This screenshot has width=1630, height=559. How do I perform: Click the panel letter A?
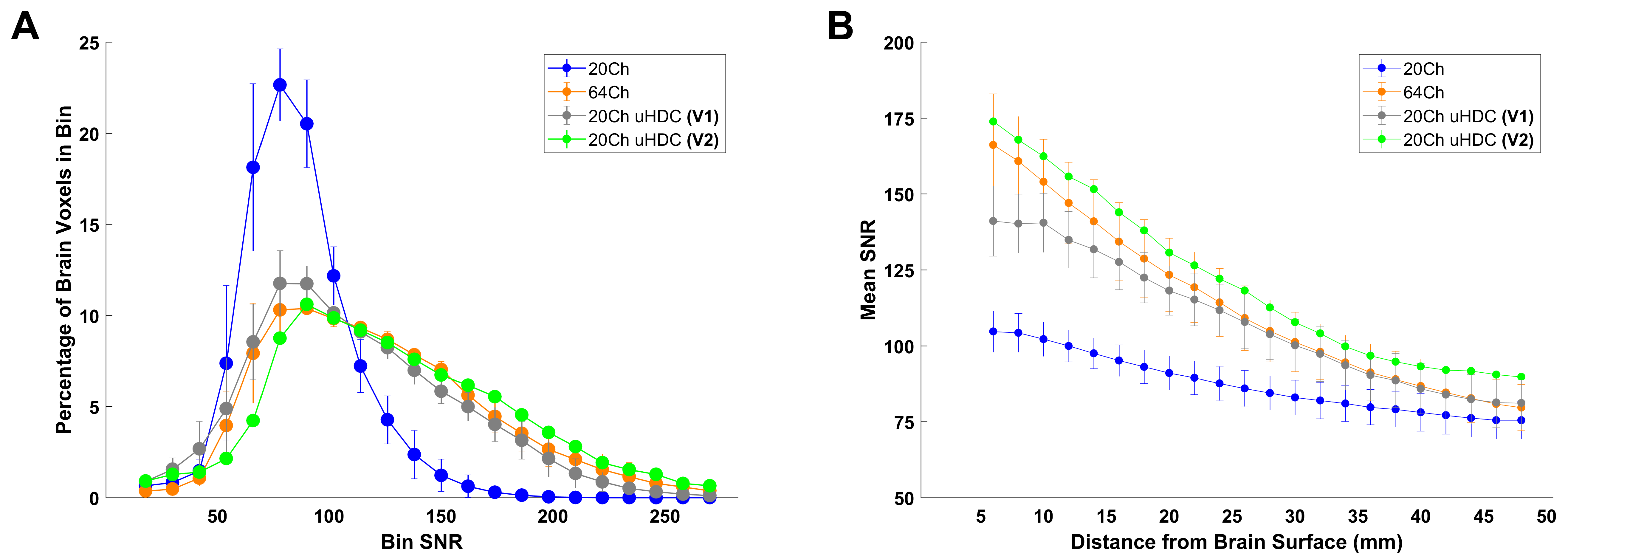[x=25, y=27]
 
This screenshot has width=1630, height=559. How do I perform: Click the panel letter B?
[x=840, y=27]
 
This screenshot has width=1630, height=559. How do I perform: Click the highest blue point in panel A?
[x=280, y=85]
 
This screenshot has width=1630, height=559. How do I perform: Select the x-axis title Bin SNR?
[x=422, y=542]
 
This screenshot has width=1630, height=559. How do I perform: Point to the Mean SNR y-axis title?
[x=868, y=270]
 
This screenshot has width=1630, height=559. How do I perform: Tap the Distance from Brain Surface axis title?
[x=1236, y=542]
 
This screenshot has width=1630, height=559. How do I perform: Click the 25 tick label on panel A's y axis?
[x=89, y=43]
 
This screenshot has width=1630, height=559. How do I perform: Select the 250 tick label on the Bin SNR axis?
[x=664, y=517]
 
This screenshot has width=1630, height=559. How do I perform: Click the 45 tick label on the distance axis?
[x=1483, y=517]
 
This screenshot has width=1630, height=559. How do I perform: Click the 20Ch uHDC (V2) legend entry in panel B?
[x=1468, y=140]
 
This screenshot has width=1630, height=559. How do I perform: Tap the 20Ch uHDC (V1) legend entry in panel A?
[x=653, y=117]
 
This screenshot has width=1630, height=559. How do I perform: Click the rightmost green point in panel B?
[x=1521, y=377]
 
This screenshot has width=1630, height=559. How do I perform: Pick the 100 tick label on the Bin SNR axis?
[x=329, y=517]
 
